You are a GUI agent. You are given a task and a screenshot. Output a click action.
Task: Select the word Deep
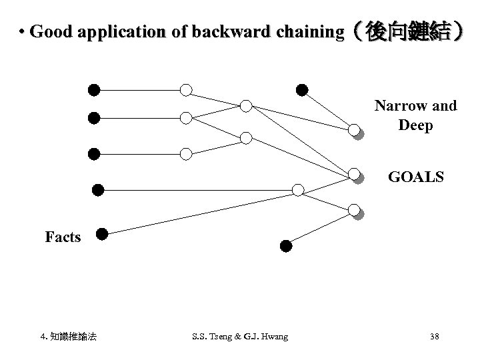coord(415,125)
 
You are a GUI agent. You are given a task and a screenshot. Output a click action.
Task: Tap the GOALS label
coord(417,178)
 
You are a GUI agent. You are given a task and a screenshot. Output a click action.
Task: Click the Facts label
coord(63,237)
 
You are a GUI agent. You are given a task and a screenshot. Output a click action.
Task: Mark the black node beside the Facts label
coord(101,233)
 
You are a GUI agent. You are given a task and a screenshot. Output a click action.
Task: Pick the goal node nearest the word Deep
coord(355,131)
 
